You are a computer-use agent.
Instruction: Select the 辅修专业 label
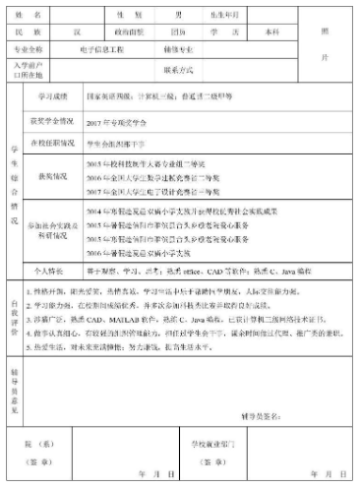point(186,47)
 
